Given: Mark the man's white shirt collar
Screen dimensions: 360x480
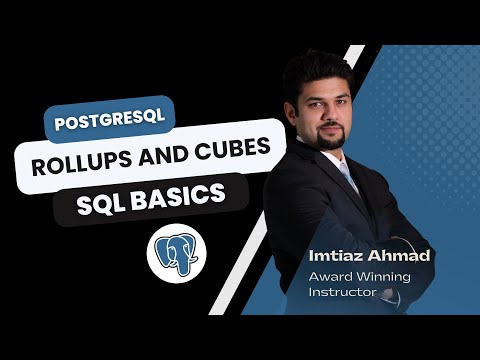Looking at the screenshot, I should coord(333,160).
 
